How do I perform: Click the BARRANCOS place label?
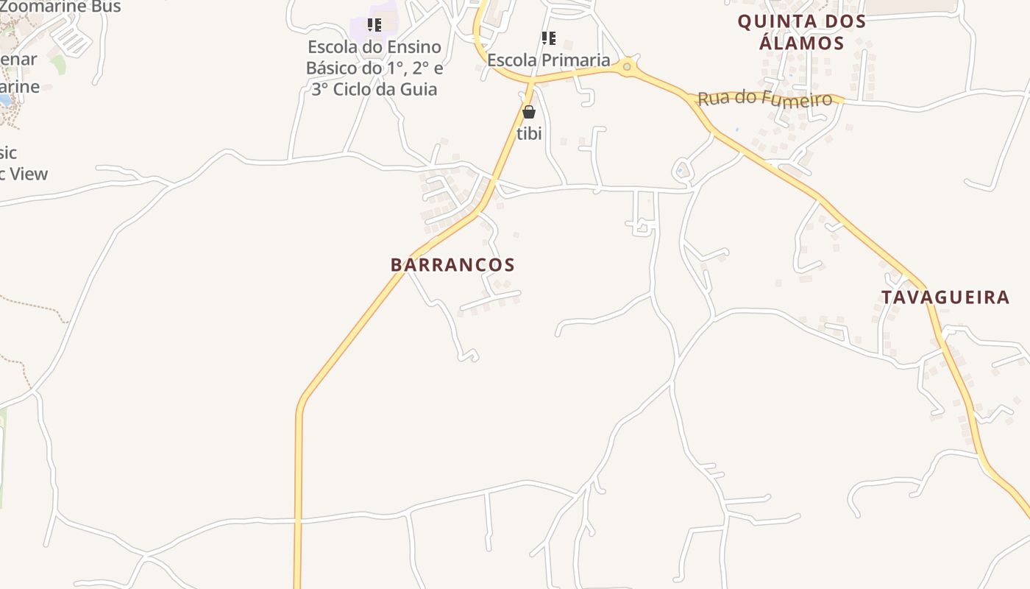tap(452, 265)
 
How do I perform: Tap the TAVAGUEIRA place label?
tap(945, 297)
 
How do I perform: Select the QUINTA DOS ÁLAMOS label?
tap(802, 32)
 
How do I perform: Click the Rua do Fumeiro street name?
tap(764, 99)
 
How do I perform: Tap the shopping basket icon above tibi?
tap(528, 112)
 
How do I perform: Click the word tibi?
tap(529, 133)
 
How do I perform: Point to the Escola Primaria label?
tap(549, 60)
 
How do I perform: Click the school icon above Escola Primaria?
tap(548, 38)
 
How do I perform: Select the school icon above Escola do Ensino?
tap(374, 25)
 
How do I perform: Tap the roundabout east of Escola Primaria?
tap(627, 67)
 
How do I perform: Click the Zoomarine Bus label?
tap(60, 7)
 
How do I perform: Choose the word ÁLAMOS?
tap(801, 43)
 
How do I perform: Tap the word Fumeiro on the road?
tap(798, 99)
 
